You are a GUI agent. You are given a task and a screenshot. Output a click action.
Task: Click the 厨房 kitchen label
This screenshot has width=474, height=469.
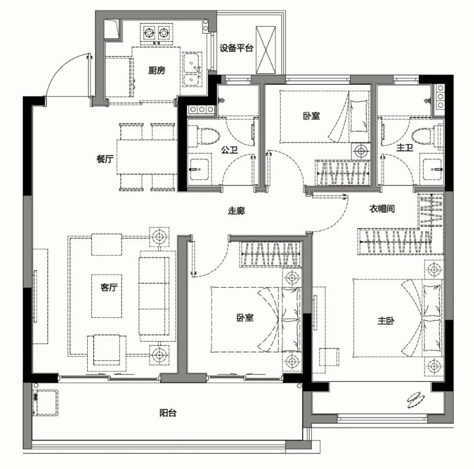coord(157,70)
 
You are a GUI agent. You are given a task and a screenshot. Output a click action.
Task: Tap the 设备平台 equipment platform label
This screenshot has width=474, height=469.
coord(236,48)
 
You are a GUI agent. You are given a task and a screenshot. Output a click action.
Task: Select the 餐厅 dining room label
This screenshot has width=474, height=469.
coord(105,159)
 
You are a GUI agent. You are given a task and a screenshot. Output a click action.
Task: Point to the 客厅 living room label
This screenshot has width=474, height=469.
coord(109,287)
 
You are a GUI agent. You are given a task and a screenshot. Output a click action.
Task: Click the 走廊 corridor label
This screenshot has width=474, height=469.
coord(236,210)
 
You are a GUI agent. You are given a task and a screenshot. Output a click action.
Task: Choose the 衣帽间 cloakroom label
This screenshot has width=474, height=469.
coord(382,208)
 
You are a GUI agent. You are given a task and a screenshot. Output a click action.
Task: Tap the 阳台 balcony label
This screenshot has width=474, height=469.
coord(168,413)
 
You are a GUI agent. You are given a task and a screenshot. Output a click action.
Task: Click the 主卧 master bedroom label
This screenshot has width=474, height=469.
coord(386,321)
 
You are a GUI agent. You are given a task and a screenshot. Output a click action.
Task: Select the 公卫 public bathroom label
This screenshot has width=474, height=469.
coord(229,149)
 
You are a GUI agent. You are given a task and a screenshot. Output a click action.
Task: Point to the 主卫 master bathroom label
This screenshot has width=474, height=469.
coord(405,148)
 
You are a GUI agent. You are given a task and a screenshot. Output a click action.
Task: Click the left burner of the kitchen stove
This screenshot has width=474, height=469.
coord(149,32)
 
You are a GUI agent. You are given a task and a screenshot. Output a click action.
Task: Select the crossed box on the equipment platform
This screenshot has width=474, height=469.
coord(265,50)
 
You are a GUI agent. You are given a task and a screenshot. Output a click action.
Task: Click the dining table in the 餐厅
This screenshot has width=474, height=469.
coord(147,157)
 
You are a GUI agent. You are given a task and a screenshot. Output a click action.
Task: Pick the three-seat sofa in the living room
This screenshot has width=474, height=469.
coord(154,296)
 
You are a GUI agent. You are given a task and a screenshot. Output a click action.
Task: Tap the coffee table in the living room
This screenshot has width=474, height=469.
coord(107,296)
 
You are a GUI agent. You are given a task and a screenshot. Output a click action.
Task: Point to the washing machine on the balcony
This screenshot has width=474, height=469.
coord(45,403)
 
